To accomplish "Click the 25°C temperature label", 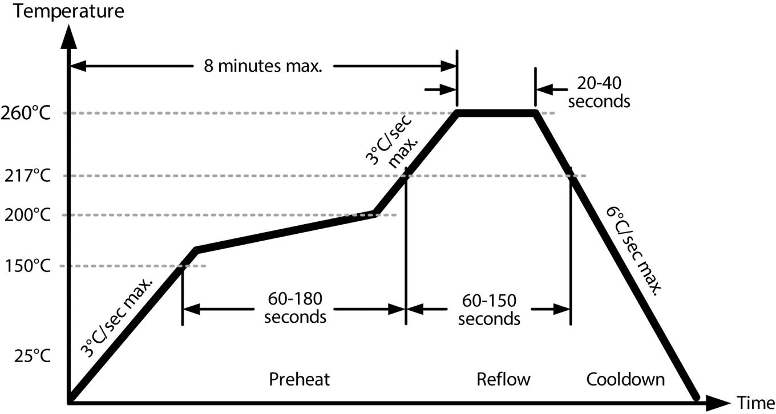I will pyautogui.click(x=32, y=356).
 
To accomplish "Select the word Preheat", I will pyautogui.click(x=300, y=379).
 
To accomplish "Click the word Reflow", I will pyautogui.click(x=503, y=379).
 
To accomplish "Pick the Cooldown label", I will pyautogui.click(x=625, y=379).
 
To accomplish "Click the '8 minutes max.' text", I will pyautogui.click(x=264, y=66).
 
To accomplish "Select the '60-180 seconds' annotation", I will pyautogui.click(x=295, y=307).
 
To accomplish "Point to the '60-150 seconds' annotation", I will pyautogui.click(x=489, y=309).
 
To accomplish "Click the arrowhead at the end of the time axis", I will pyautogui.click(x=717, y=402).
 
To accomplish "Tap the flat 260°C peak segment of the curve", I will pyautogui.click(x=496, y=113).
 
